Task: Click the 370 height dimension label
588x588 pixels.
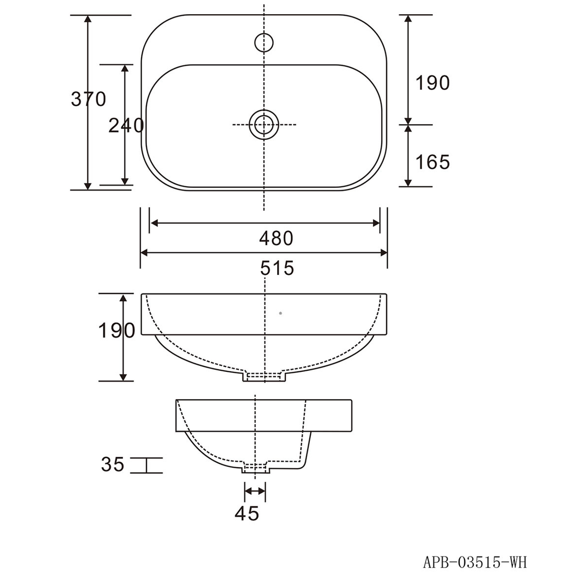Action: click(x=89, y=99)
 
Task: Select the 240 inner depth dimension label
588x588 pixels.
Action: click(x=126, y=126)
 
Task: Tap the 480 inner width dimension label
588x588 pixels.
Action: click(x=277, y=238)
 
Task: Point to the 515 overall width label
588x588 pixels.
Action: click(x=277, y=268)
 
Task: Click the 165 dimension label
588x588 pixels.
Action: click(x=432, y=162)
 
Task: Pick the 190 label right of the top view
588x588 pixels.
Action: click(x=432, y=83)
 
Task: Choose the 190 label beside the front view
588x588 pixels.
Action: click(x=117, y=330)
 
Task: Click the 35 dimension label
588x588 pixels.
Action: click(x=113, y=464)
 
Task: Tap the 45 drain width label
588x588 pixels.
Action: click(x=247, y=513)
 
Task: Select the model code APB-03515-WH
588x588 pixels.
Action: click(x=475, y=562)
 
